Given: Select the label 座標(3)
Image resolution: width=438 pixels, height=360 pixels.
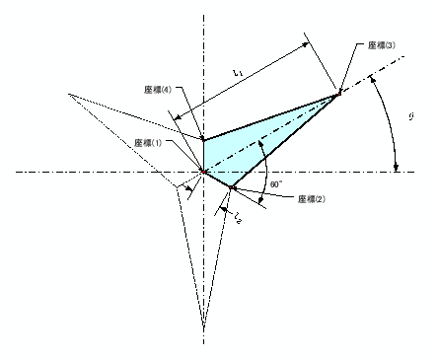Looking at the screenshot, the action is [x=381, y=45].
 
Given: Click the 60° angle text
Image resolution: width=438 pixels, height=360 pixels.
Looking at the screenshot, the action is [x=275, y=183].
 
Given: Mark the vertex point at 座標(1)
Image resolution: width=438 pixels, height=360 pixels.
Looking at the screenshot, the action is [x=203, y=172].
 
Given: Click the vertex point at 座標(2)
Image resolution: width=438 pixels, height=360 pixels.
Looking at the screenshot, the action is [x=233, y=187].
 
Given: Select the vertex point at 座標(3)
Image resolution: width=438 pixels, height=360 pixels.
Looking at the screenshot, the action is [x=338, y=93].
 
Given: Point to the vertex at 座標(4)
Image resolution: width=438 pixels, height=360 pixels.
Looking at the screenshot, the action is [x=203, y=139].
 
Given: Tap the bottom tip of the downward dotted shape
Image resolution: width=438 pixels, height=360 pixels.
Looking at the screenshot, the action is [x=204, y=327].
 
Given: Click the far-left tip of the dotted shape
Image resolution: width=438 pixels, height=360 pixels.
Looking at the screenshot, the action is [x=68, y=94].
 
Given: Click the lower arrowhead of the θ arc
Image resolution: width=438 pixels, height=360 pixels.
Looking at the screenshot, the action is [x=397, y=169].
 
